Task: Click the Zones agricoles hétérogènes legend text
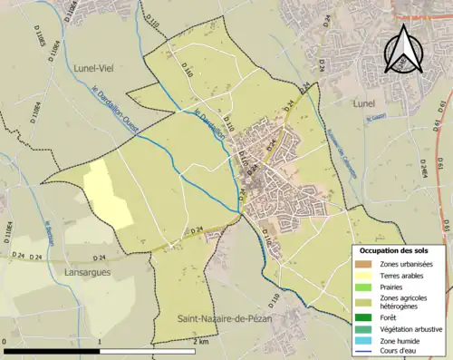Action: point(404,302)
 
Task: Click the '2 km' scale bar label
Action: point(199,343)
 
